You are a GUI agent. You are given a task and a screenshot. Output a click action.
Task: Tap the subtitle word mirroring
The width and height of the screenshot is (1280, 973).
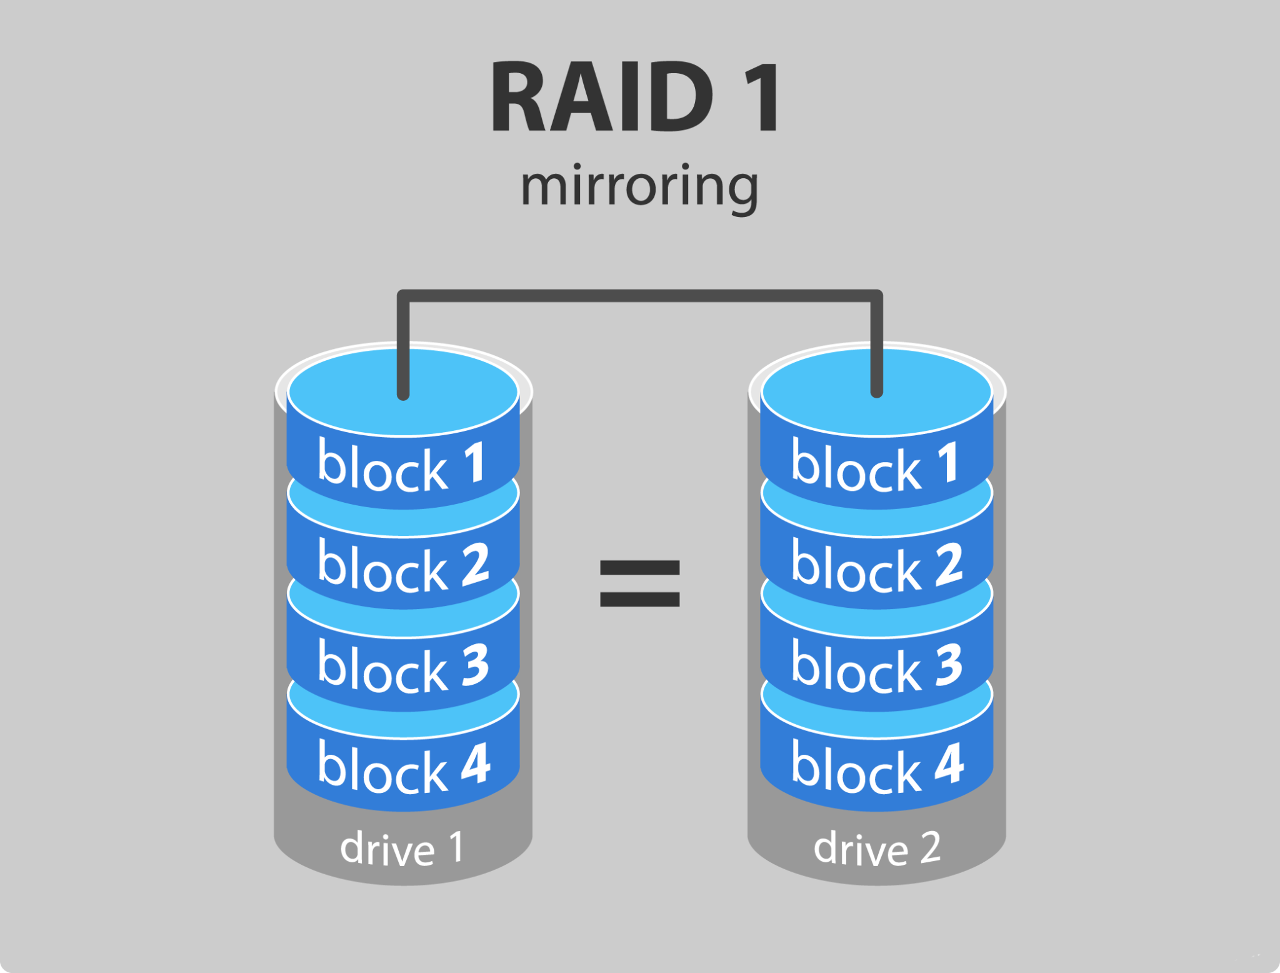[x=639, y=186]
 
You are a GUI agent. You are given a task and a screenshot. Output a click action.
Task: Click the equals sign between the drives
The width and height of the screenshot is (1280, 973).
[x=639, y=583]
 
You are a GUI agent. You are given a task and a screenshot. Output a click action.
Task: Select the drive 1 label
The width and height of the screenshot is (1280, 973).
[x=402, y=848]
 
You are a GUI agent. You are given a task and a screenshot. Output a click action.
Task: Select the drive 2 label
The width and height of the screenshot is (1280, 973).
[x=876, y=848]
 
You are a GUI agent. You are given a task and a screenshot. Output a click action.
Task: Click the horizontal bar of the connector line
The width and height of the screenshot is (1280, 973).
[x=639, y=296]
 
